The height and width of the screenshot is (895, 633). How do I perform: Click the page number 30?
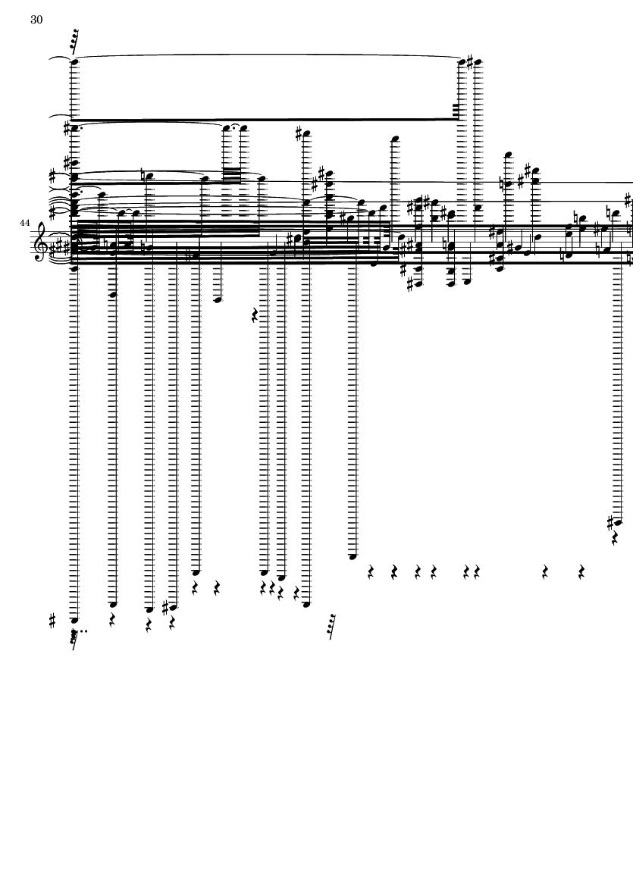pos(36,20)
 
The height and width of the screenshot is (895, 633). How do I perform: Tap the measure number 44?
pos(24,223)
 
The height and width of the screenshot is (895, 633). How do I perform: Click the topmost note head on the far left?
pos(74,61)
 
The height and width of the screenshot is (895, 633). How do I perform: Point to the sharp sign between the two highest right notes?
pos(470,61)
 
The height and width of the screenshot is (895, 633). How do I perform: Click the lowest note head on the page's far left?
pos(74,620)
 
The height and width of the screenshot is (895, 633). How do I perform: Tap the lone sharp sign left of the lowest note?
pos(53,621)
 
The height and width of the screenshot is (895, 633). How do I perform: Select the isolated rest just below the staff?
pos(255,315)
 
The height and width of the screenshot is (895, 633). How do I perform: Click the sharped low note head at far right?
pos(618,521)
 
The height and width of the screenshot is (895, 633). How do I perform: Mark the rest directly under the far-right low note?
pos(615,538)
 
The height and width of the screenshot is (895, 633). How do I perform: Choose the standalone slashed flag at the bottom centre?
pos(331,627)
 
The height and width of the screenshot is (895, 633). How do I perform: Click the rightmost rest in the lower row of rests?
pos(581,572)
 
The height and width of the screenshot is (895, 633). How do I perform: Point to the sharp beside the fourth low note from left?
pos(165,607)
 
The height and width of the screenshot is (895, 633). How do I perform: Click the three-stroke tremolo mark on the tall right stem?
pos(455,111)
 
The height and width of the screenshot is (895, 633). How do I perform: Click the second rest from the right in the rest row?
pos(545,572)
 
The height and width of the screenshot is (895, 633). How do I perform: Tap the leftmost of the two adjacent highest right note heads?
pos(463,61)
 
